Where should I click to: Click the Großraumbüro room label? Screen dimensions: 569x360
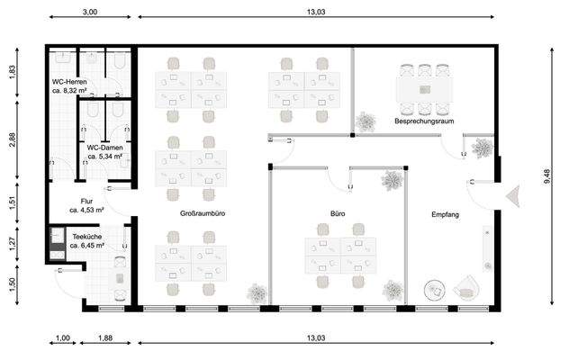point(203,213)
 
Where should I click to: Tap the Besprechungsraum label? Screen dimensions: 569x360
point(424,121)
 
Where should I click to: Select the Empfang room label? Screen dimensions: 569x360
point(446,214)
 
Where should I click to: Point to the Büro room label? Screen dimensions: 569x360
point(338,214)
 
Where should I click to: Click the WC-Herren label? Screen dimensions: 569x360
point(69,82)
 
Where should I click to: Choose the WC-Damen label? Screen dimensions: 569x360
point(104,148)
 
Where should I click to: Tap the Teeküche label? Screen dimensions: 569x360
point(87,237)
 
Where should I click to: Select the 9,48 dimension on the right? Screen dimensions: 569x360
point(547,176)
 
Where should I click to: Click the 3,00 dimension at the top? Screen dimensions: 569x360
point(90,12)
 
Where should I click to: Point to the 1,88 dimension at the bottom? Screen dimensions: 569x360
point(105,337)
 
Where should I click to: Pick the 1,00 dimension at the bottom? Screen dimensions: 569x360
point(63,337)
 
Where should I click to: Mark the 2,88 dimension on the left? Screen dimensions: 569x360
point(13,139)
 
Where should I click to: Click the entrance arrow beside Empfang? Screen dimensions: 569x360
point(513,196)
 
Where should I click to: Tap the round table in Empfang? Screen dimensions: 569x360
point(435,291)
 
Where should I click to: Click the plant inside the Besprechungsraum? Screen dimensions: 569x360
point(366,121)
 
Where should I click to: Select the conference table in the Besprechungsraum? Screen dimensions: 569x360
point(425,90)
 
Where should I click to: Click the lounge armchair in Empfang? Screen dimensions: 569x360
point(466,288)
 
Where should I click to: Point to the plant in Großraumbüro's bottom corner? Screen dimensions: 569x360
point(257,293)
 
